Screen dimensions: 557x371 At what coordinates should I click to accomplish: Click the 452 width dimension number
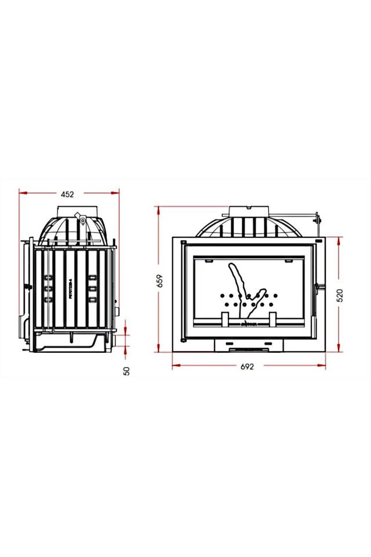click(68, 195)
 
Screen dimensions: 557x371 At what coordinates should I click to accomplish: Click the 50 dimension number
click(127, 370)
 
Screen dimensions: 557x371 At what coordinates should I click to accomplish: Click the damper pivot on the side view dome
click(82, 219)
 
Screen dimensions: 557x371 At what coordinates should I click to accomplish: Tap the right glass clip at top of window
click(288, 261)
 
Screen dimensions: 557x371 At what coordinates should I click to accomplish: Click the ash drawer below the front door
click(249, 345)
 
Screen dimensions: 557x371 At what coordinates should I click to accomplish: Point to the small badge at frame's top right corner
click(318, 239)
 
